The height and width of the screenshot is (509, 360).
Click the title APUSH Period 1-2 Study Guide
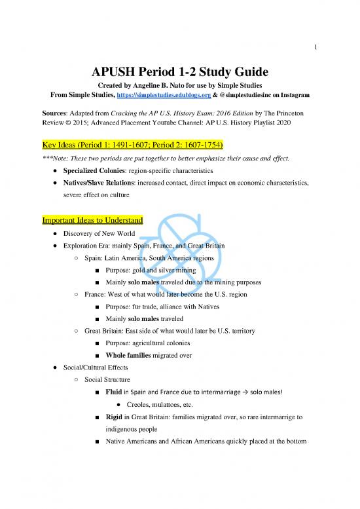pyautogui.click(x=180, y=71)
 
